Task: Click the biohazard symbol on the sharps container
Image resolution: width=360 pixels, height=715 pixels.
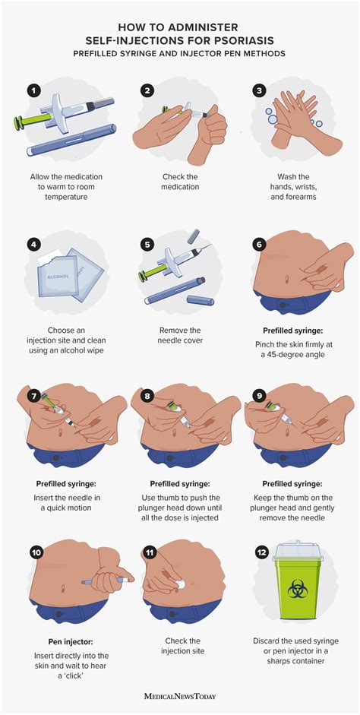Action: click(x=298, y=589)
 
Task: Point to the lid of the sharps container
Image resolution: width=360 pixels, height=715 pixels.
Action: click(x=298, y=551)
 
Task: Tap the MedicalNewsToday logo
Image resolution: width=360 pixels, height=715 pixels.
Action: click(x=179, y=696)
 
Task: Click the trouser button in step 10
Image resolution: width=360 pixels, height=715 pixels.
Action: click(x=58, y=613)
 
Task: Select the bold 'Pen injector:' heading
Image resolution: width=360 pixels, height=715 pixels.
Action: click(x=71, y=641)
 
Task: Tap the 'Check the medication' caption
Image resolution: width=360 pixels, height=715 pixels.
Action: click(x=180, y=181)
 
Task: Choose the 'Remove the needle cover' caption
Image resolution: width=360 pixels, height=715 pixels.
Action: click(x=180, y=334)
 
